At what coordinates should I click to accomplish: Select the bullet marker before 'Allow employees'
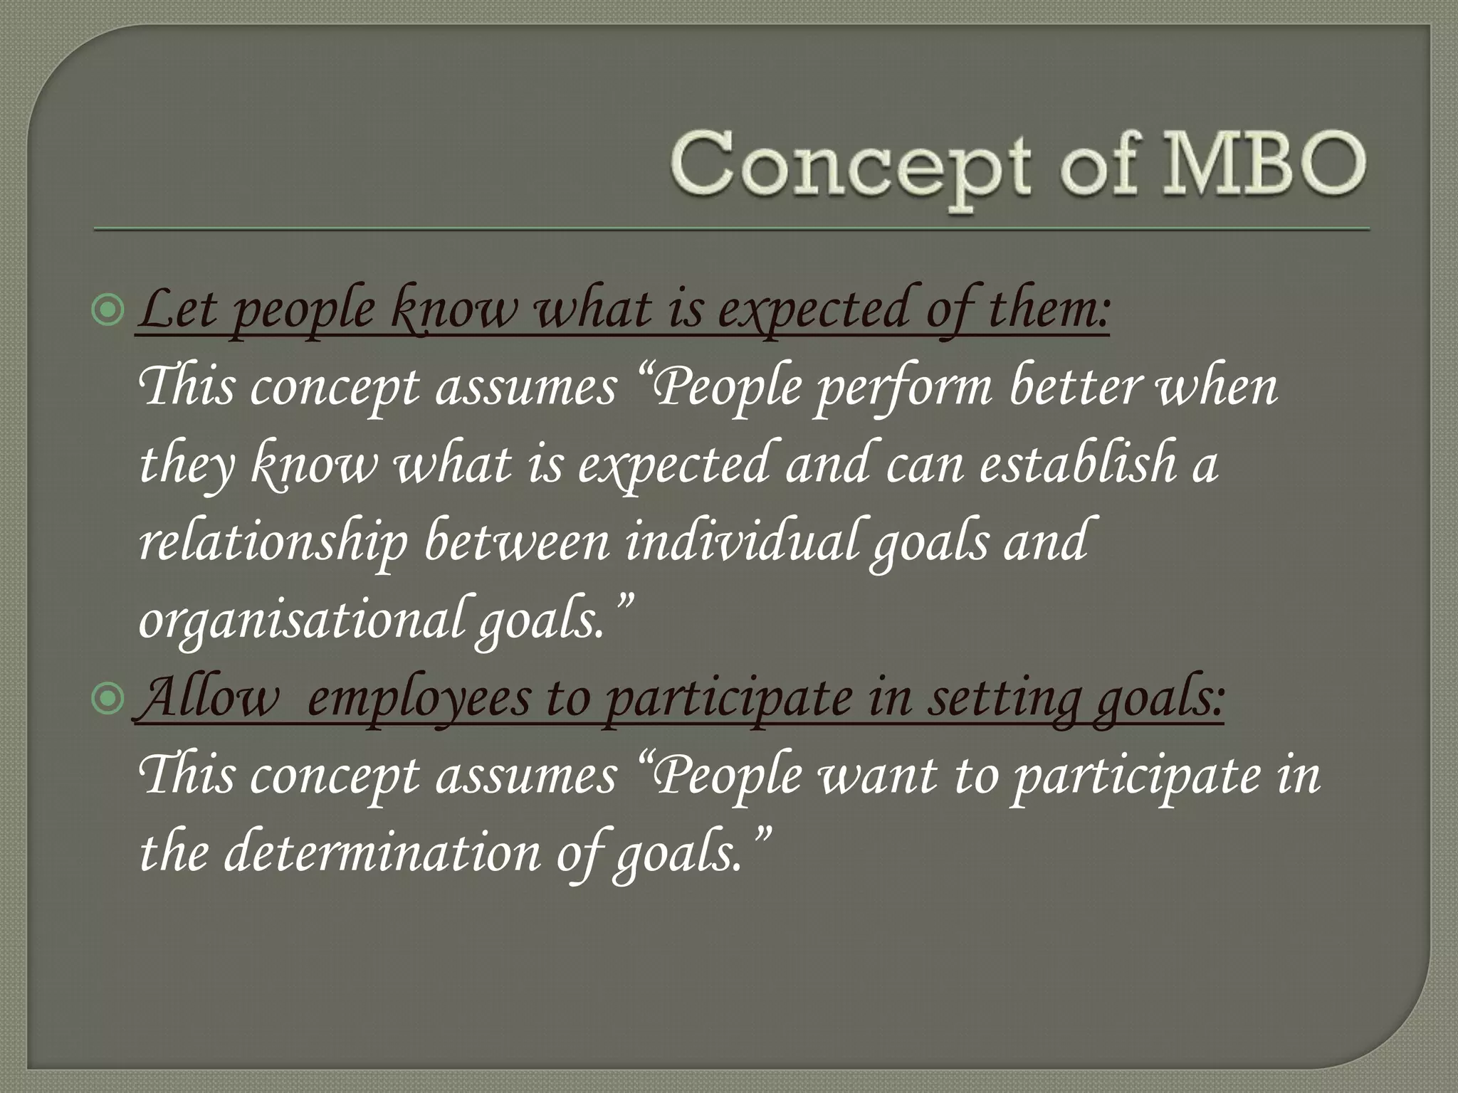[108, 699]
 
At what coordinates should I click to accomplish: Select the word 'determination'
[382, 853]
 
